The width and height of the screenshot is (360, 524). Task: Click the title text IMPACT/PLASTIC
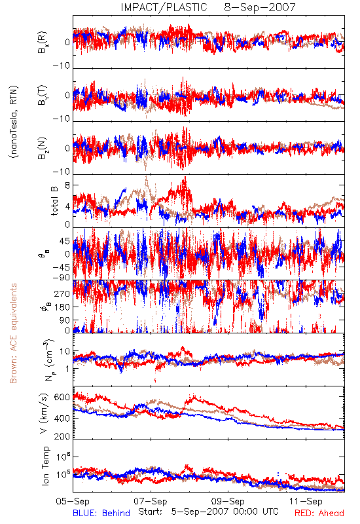(164, 7)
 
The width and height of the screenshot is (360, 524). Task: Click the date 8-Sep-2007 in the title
(260, 7)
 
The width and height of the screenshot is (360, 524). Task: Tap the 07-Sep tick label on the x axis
(151, 501)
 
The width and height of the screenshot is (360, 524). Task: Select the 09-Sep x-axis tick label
(228, 501)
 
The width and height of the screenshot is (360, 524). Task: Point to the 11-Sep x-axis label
(306, 501)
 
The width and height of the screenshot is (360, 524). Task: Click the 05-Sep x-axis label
(73, 501)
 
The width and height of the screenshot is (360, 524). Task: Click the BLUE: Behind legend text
(101, 513)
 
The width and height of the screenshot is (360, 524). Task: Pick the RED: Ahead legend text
(319, 513)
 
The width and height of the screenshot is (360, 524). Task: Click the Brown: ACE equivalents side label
(13, 333)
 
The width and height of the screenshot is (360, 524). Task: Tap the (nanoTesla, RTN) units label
(14, 121)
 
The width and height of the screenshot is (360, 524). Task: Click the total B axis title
(54, 201)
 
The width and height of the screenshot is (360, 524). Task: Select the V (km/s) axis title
(44, 413)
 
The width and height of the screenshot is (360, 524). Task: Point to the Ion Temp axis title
(45, 466)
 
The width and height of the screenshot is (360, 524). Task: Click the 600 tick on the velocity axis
(62, 398)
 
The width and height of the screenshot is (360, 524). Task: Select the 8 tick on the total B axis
(68, 185)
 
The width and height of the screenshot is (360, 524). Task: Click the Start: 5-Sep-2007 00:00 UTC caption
(208, 512)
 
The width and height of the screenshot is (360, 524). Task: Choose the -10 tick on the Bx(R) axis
(62, 66)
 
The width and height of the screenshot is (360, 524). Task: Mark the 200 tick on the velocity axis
(62, 436)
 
